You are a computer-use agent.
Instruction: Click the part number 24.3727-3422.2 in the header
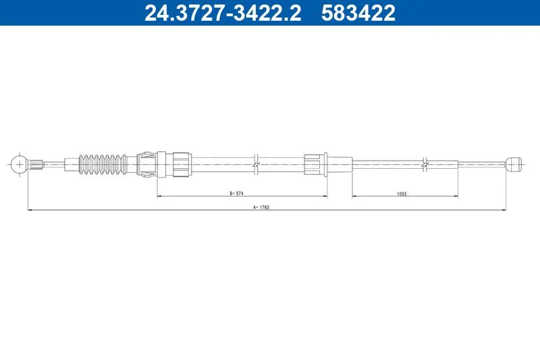pos(223,13)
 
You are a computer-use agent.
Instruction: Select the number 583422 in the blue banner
pos(358,13)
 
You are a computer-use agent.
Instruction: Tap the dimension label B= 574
pos(237,193)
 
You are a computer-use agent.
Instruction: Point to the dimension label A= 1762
pos(261,207)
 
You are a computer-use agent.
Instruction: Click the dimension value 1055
pos(402,194)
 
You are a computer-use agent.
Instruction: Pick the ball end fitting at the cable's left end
pos(18,164)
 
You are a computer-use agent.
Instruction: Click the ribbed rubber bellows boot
pos(103,164)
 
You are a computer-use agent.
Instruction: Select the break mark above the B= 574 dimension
pos(256,165)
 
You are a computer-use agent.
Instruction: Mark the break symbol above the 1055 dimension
pos(425,165)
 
